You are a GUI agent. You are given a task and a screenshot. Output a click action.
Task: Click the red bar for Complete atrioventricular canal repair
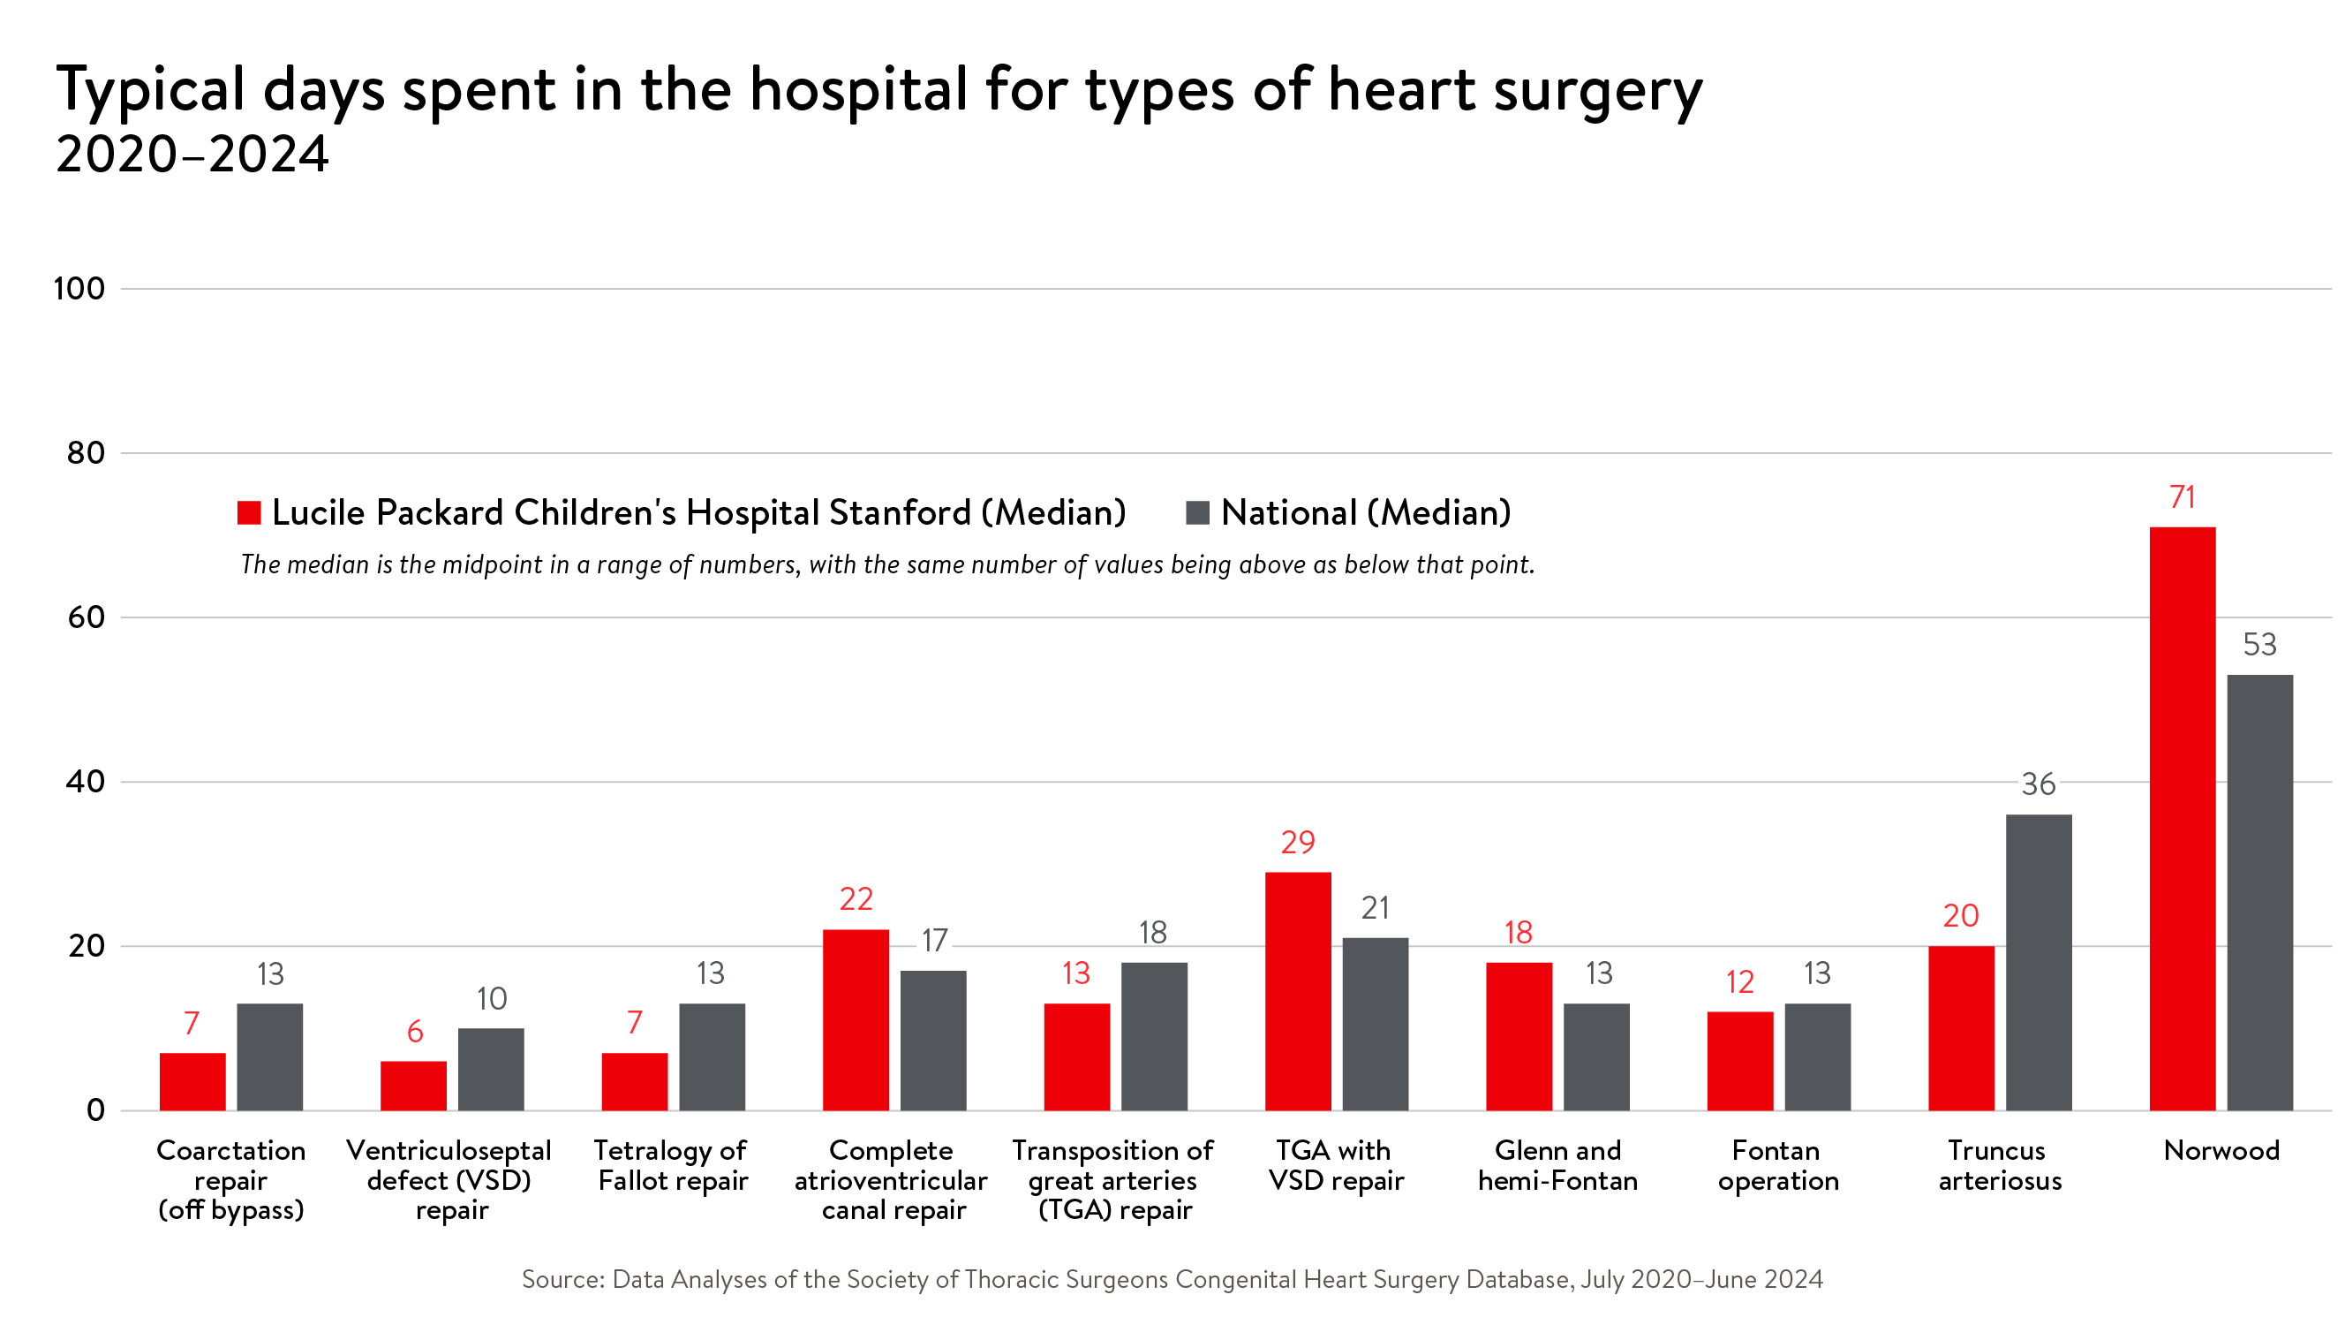pyautogui.click(x=856, y=1019)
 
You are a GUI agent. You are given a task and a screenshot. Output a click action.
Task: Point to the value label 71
pyautogui.click(x=2182, y=497)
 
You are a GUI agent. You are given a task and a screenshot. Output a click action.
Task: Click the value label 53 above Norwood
pyautogui.click(x=2259, y=645)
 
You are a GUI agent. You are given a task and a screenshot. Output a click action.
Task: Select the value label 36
pyautogui.click(x=2039, y=784)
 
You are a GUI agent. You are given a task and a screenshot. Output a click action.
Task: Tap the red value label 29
pyautogui.click(x=1297, y=843)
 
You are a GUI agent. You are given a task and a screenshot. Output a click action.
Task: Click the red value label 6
pyautogui.click(x=414, y=1031)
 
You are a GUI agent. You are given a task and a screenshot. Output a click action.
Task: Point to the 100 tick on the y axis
pyautogui.click(x=79, y=289)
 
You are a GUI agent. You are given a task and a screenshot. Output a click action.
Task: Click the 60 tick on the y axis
pyautogui.click(x=86, y=617)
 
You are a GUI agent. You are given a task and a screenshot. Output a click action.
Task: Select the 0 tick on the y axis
pyautogui.click(x=95, y=1110)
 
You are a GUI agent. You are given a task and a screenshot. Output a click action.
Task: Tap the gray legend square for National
pyautogui.click(x=1197, y=512)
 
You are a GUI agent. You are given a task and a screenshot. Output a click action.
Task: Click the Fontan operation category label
pyautogui.click(x=1778, y=1165)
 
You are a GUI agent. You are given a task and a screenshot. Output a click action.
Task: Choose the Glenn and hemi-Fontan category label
pyautogui.click(x=1557, y=1165)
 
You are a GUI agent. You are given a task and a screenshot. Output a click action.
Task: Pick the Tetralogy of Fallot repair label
pyautogui.click(x=672, y=1165)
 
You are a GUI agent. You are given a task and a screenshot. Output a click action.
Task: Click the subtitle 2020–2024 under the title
pyautogui.click(x=192, y=154)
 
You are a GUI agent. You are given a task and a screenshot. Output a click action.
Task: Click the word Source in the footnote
pyautogui.click(x=562, y=1278)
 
